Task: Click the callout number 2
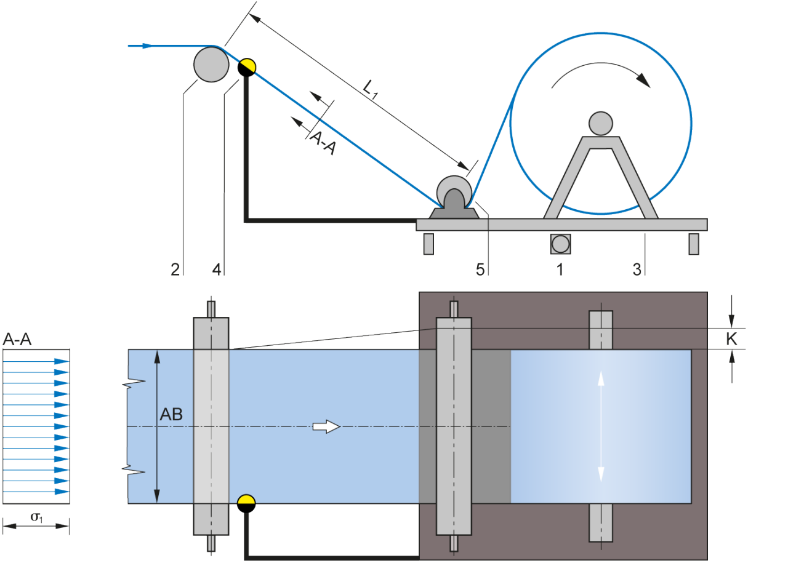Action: pos(175,269)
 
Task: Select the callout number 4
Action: pos(215,269)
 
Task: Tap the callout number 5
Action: pos(480,269)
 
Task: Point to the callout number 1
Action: pos(560,269)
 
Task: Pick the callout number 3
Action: pos(637,269)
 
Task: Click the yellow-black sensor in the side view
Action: pos(247,67)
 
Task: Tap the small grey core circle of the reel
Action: pos(600,123)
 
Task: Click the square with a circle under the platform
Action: pos(560,244)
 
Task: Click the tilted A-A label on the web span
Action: pos(321,143)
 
